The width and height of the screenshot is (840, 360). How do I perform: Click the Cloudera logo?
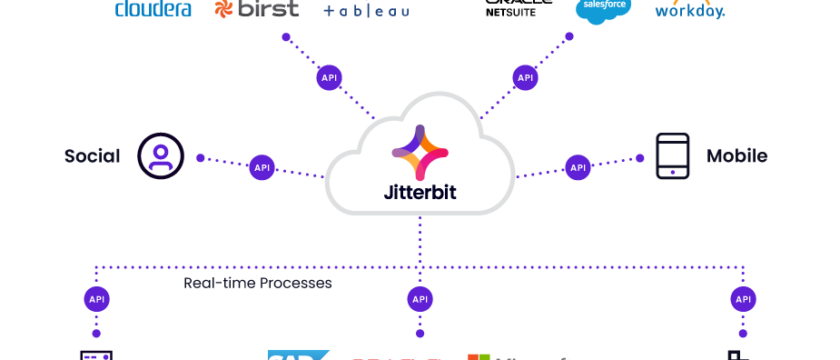pyautogui.click(x=153, y=10)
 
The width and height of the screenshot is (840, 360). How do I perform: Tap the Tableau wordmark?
pyautogui.click(x=366, y=11)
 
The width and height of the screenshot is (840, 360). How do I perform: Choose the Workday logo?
pyautogui.click(x=690, y=11)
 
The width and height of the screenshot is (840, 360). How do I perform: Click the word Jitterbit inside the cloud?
pyautogui.click(x=420, y=190)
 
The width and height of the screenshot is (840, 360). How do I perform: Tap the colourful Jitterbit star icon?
pyautogui.click(x=420, y=151)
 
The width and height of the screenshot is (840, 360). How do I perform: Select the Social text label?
pyautogui.click(x=92, y=156)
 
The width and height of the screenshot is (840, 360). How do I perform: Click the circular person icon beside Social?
pyautogui.click(x=160, y=156)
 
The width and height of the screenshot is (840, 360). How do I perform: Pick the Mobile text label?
pyautogui.click(x=737, y=156)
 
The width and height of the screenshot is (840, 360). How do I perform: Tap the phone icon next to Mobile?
pyautogui.click(x=673, y=156)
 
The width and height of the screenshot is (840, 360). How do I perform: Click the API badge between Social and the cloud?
pyautogui.click(x=262, y=167)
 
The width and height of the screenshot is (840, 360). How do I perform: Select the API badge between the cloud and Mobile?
pyautogui.click(x=578, y=167)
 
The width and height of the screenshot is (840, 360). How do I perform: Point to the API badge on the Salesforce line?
pyautogui.click(x=526, y=77)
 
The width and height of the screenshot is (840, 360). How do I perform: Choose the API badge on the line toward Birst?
pyautogui.click(x=328, y=77)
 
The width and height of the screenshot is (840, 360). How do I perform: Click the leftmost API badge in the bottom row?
pyautogui.click(x=97, y=298)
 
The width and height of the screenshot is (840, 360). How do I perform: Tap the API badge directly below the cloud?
pyautogui.click(x=420, y=298)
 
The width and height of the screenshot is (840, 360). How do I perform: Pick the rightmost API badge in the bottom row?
pyautogui.click(x=743, y=298)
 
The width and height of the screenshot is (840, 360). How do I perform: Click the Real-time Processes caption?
pyautogui.click(x=257, y=284)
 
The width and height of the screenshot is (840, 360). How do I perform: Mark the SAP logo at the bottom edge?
pyautogui.click(x=297, y=355)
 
